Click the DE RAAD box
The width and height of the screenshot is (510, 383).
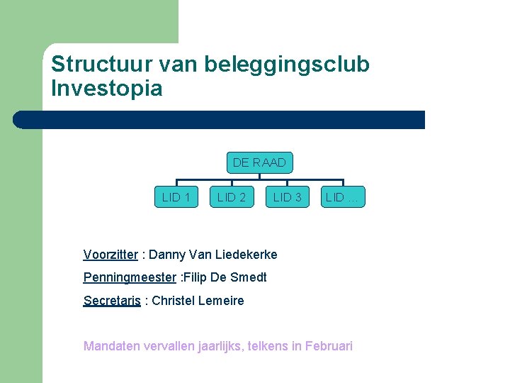tap(259, 162)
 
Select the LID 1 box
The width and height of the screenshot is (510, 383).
tap(176, 197)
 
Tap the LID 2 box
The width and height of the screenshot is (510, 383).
tap(232, 197)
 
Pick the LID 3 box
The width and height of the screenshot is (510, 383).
tap(288, 197)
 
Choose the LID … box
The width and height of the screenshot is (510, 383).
tap(343, 197)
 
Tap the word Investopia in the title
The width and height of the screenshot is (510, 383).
tap(106, 89)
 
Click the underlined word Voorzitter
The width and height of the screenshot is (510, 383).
tap(110, 255)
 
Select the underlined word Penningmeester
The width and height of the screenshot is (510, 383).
tap(129, 277)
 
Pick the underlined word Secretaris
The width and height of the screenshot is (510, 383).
tap(112, 301)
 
